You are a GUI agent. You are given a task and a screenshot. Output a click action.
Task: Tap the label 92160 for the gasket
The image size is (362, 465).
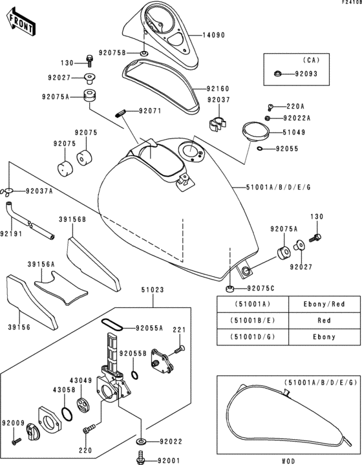(218, 88)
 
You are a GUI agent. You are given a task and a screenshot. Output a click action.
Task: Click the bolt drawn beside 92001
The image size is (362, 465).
(140, 460)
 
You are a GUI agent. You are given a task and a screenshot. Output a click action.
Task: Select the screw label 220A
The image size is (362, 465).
(295, 106)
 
